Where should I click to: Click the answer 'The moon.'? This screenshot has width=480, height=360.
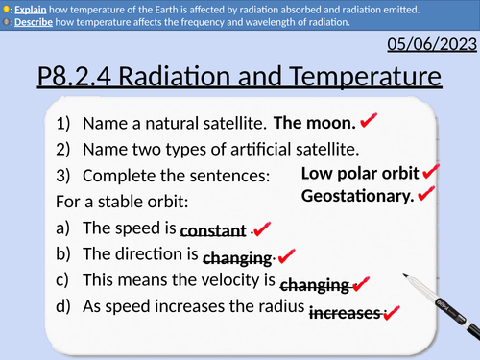316,123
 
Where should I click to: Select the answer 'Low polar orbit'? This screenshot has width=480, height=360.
360,173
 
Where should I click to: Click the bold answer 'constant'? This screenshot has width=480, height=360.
213,231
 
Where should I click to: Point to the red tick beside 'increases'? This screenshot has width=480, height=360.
391,313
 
